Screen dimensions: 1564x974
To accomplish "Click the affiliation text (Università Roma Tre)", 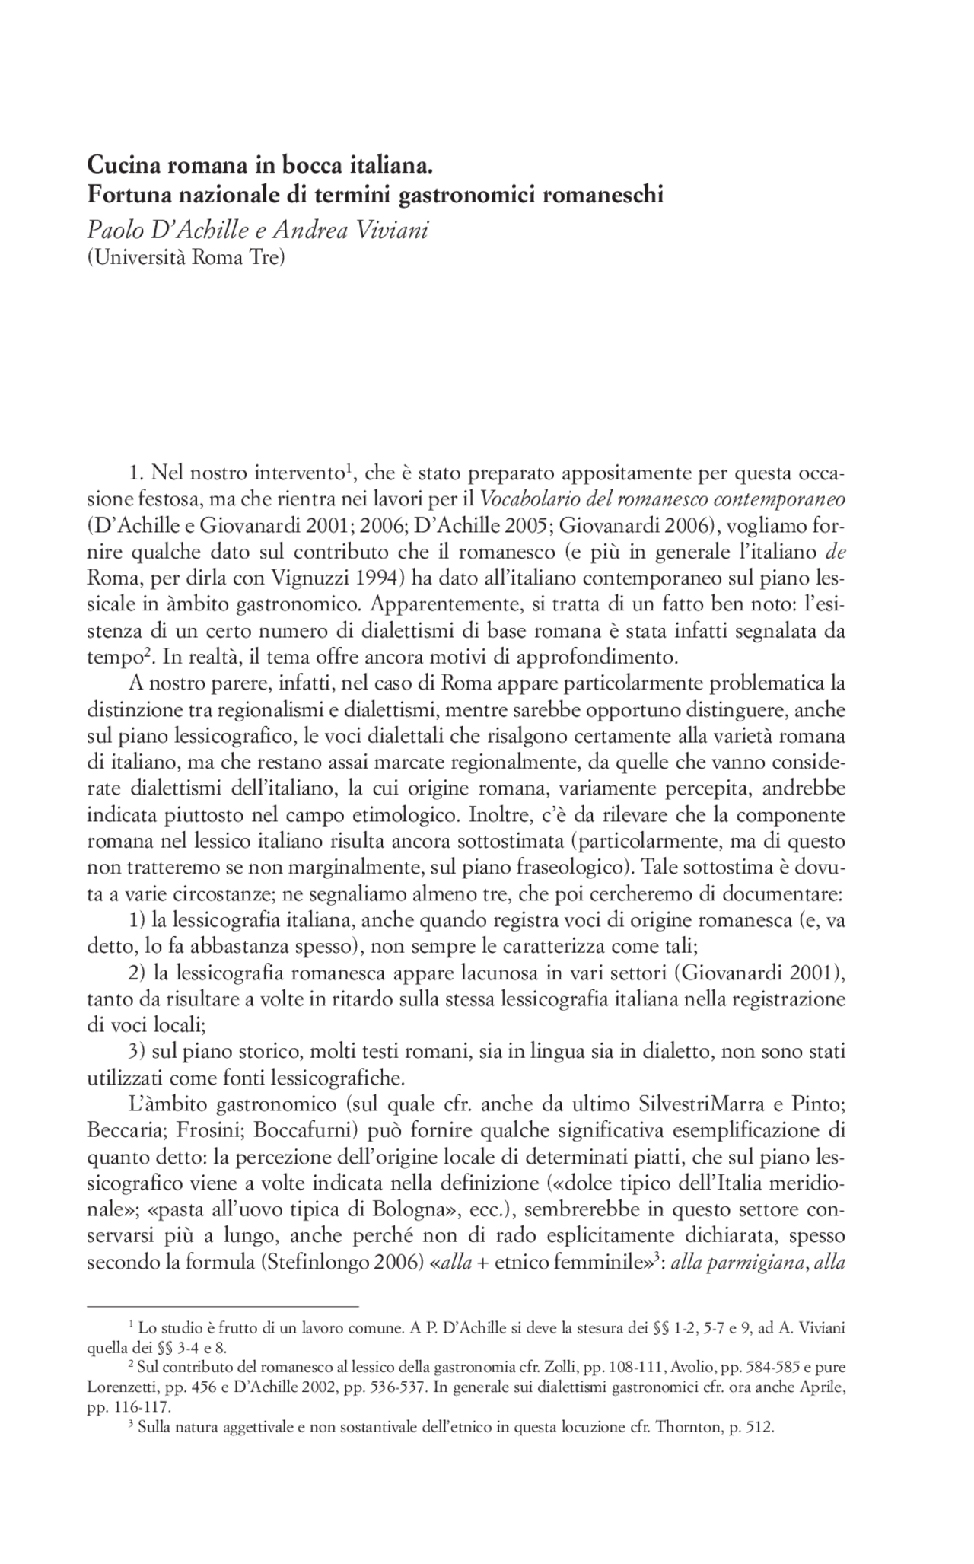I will click(x=186, y=258).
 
